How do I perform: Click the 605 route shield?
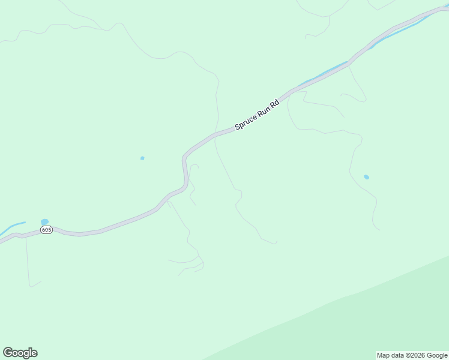47,230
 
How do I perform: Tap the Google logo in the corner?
20,353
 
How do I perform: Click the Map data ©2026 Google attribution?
412,355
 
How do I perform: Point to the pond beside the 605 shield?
44,222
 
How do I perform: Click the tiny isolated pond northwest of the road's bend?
142,158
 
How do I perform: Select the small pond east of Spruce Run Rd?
366,177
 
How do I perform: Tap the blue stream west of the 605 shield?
12,228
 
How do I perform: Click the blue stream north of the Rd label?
324,74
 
